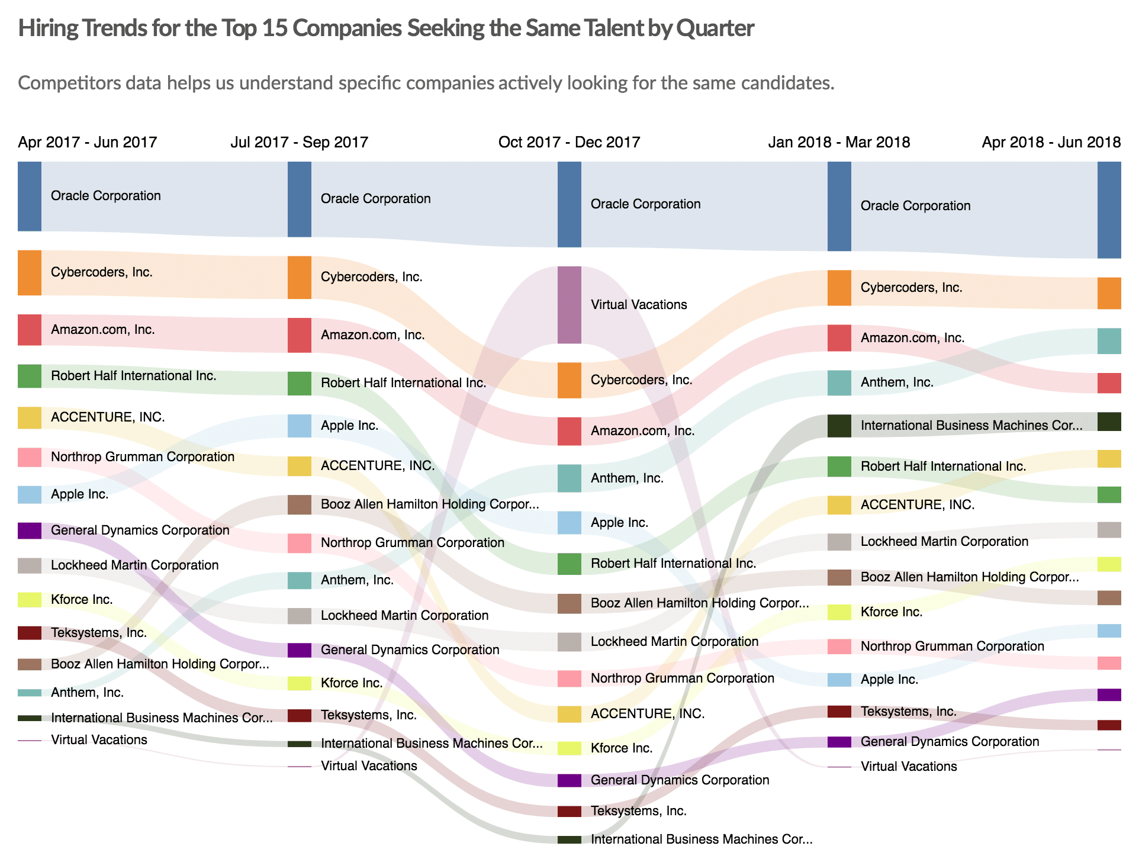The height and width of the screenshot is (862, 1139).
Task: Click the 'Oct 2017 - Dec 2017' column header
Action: (x=569, y=142)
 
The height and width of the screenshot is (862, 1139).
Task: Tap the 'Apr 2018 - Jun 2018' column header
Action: (x=1051, y=142)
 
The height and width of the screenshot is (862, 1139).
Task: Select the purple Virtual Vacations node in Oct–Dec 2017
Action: (x=569, y=305)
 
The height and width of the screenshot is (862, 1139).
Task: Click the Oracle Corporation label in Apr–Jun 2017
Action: (x=105, y=196)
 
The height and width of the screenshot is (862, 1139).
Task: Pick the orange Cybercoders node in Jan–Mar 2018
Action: (x=839, y=288)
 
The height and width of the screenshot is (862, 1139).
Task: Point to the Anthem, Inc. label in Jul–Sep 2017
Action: (x=357, y=580)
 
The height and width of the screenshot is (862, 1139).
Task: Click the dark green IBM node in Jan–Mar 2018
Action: (x=839, y=426)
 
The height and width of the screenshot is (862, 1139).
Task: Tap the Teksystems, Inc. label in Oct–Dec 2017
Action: (x=638, y=811)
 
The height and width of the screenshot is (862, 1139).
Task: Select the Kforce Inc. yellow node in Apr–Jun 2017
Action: (x=30, y=600)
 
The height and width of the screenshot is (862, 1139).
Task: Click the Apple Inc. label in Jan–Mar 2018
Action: (x=889, y=680)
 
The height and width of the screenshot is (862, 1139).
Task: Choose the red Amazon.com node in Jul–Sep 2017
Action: (x=299, y=336)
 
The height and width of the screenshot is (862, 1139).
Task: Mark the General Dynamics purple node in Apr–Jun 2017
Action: (x=30, y=530)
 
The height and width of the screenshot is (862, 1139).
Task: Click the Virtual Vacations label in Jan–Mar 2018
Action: (x=908, y=767)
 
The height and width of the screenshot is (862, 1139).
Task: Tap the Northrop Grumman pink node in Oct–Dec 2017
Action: (x=569, y=679)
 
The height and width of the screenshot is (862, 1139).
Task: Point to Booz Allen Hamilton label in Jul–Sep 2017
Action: (x=430, y=504)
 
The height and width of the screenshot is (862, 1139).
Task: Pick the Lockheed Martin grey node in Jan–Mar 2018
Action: (x=839, y=542)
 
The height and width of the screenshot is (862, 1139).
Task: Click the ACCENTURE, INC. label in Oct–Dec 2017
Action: (x=647, y=714)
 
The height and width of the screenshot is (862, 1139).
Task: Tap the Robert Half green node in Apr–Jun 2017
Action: (x=30, y=377)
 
